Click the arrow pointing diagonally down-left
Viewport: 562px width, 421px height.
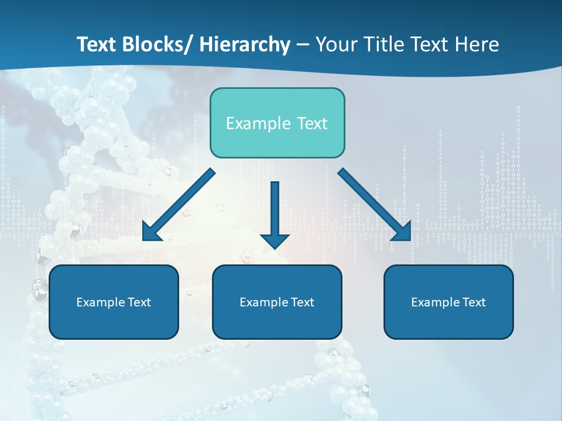[179, 205]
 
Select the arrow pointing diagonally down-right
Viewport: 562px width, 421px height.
[375, 205]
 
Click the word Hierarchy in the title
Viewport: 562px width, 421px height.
[245, 44]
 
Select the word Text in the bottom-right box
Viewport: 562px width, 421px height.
[473, 302]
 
